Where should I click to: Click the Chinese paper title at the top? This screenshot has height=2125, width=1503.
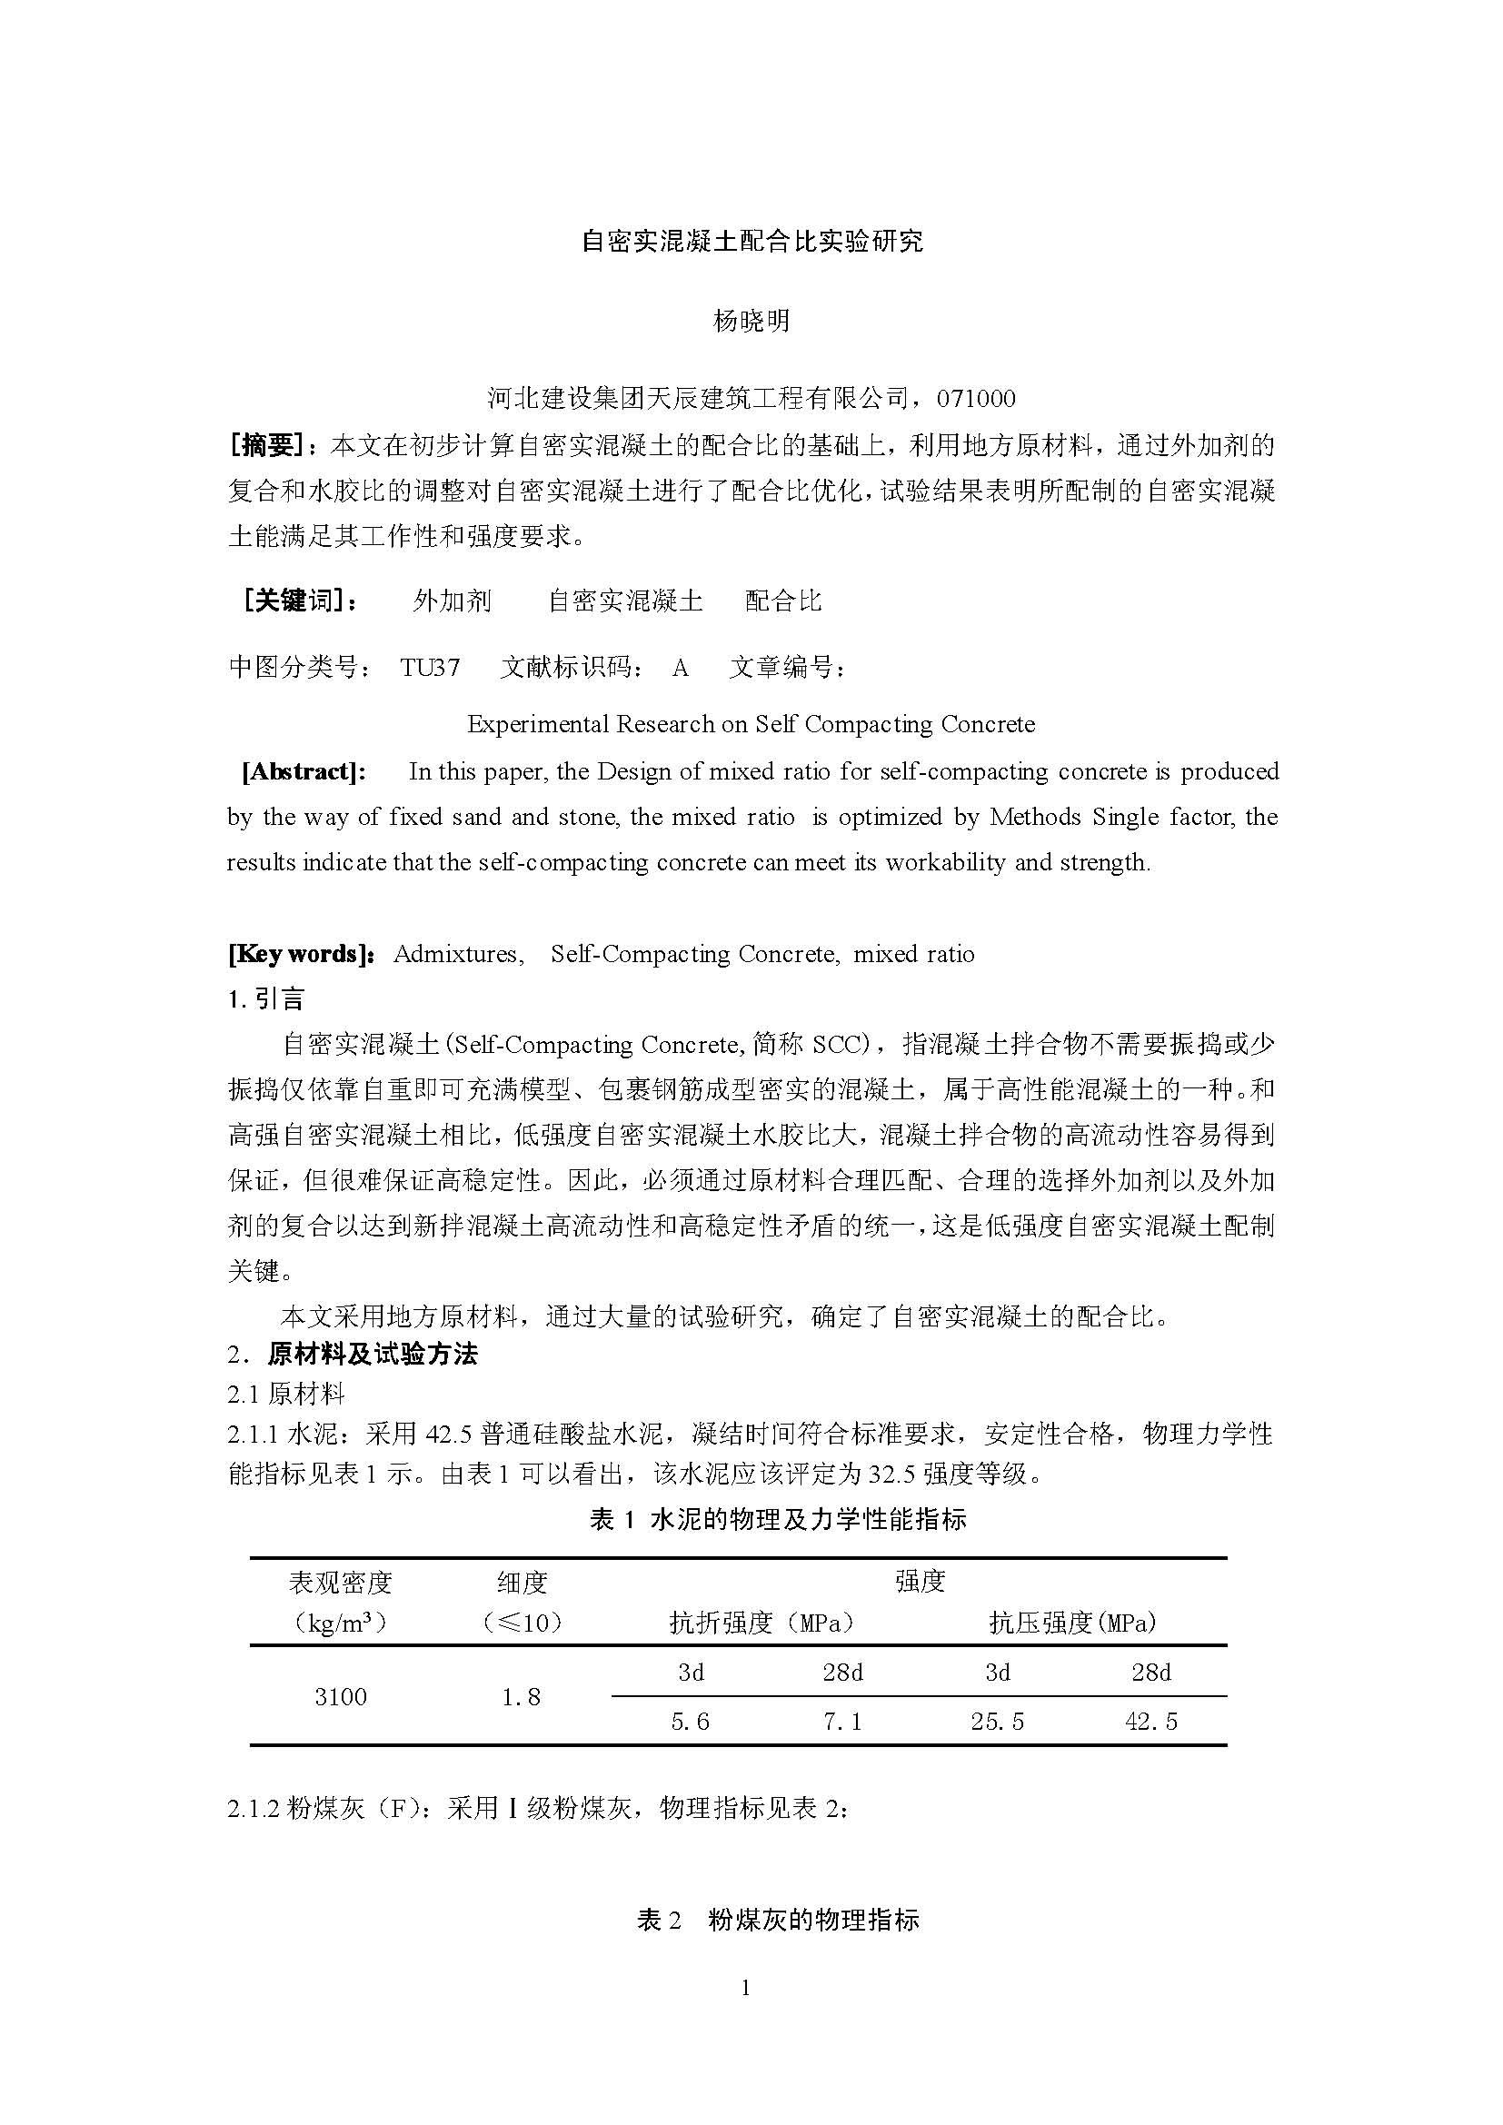751,242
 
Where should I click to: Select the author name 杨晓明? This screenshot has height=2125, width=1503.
751,320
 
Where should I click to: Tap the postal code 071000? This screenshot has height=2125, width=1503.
975,399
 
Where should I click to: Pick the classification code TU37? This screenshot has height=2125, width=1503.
430,668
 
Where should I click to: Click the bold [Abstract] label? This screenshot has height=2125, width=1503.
304,772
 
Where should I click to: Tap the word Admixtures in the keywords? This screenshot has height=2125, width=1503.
458,954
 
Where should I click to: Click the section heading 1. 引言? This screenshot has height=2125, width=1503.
266,998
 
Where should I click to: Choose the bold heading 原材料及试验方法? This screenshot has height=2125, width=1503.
372,1355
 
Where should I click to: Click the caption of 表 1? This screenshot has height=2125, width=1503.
778,1519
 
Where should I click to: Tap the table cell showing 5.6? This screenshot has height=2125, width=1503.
691,1721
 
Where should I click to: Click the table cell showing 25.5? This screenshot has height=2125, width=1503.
997,1721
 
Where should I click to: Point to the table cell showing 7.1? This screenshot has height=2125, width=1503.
842,1721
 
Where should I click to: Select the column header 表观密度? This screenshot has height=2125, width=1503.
341,1583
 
